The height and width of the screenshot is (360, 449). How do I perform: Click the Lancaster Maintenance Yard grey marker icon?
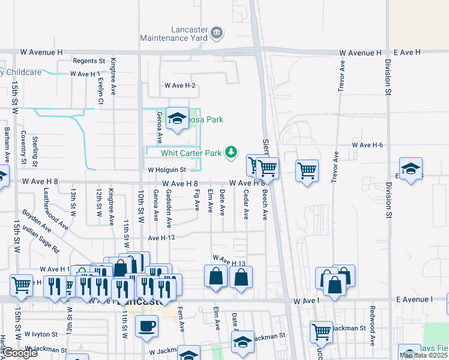[217, 31]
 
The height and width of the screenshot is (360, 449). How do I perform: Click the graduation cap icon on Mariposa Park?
[177, 119]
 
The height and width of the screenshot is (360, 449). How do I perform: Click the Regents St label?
[89, 61]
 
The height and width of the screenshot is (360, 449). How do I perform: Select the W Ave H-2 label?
[181, 86]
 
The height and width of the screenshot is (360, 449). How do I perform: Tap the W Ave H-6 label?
[367, 145]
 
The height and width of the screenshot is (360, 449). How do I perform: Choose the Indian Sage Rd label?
[41, 238]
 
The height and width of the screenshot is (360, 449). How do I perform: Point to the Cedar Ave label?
[246, 204]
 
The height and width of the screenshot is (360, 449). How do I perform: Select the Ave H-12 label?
[161, 238]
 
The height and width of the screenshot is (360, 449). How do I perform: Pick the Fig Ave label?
[197, 200]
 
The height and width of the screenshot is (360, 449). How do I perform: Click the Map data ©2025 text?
[423, 355]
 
